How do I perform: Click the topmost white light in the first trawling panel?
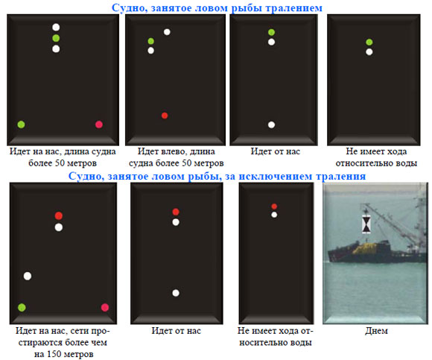(56, 27)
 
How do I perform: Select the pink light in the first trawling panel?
(99, 124)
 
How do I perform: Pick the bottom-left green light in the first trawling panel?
(21, 124)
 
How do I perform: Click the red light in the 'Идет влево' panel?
(165, 116)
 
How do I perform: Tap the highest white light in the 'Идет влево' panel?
(167, 32)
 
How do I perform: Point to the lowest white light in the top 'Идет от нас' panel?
(271, 125)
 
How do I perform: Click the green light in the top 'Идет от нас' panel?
(271, 32)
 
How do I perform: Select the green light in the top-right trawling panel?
(369, 42)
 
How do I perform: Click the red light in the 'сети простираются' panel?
(58, 215)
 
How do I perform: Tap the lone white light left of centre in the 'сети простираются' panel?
(28, 276)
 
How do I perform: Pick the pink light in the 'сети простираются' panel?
(105, 307)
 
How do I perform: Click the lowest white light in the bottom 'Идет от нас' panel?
(176, 293)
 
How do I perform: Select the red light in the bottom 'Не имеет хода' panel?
(274, 206)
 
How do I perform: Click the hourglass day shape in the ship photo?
(366, 224)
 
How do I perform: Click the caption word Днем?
(376, 331)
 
